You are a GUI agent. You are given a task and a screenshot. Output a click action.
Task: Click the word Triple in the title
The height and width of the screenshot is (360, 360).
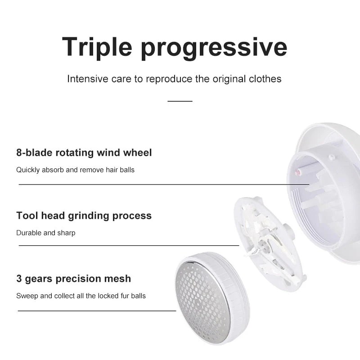pyautogui.click(x=97, y=47)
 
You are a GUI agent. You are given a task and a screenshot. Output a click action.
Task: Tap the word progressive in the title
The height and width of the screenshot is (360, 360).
pyautogui.click(x=214, y=48)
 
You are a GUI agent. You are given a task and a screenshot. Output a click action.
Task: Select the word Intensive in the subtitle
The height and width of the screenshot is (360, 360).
pyautogui.click(x=88, y=79)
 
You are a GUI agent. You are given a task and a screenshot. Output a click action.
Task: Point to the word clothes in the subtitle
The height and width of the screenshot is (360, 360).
pyautogui.click(x=265, y=79)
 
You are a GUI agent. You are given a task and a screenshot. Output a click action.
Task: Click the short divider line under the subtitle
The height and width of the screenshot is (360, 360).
pyautogui.click(x=180, y=101)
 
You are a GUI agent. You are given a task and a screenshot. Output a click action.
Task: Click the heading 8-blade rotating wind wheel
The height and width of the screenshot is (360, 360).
pyautogui.click(x=84, y=153)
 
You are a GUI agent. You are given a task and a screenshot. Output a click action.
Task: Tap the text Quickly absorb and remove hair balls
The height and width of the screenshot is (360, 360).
pyautogui.click(x=75, y=170)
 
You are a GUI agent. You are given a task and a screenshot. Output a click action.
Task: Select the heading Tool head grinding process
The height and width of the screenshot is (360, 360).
pyautogui.click(x=84, y=216)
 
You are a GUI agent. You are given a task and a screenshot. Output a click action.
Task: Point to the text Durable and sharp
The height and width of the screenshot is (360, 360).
pyautogui.click(x=46, y=233)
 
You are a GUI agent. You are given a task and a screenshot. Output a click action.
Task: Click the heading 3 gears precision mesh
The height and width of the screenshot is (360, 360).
pyautogui.click(x=74, y=279)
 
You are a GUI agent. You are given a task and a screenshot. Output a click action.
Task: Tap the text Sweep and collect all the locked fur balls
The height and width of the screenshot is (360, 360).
pyautogui.click(x=81, y=296)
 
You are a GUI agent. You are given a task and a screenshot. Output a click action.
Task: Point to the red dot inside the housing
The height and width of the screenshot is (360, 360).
pyautogui.click(x=299, y=172)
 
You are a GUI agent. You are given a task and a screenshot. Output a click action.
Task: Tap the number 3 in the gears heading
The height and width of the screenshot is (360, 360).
pyautogui.click(x=19, y=279)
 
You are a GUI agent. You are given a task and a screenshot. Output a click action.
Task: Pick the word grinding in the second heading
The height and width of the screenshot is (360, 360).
pyautogui.click(x=88, y=216)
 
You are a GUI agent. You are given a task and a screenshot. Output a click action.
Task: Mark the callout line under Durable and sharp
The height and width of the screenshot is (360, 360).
pyautogui.click(x=129, y=245)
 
